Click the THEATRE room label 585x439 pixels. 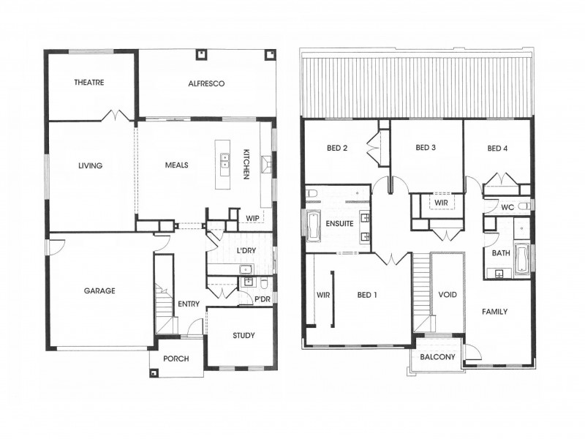tap(89, 83)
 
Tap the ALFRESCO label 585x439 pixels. tap(205, 84)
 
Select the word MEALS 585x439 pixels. tap(176, 165)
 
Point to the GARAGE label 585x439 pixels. tap(99, 290)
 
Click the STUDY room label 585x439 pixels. tap(244, 336)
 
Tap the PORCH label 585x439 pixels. tap(177, 359)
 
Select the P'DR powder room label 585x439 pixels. tap(263, 300)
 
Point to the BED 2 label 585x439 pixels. tap(337, 148)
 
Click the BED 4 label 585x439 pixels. tap(497, 149)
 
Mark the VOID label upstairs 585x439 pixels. tap(447, 295)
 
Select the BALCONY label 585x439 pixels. tap(437, 358)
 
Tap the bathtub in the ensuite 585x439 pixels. tap(313, 226)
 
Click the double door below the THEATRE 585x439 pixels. tap(117, 116)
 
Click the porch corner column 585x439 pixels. tap(155, 372)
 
